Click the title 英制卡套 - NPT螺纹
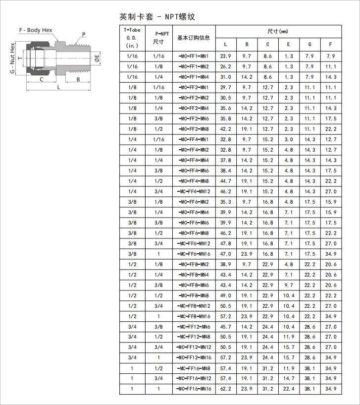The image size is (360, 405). click(157, 16)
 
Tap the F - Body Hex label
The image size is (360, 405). click(36, 30)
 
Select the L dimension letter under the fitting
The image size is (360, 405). click(58, 87)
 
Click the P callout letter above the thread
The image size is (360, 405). click(84, 34)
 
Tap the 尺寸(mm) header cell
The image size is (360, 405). click(277, 32)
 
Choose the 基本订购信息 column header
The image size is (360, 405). click(194, 38)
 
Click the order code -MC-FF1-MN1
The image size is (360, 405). click(194, 56)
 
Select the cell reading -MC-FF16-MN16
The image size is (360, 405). click(194, 389)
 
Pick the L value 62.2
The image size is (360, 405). click(226, 389)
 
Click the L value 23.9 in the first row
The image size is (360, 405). click(226, 56)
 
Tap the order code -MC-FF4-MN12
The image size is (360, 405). click(194, 191)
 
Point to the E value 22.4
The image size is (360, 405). click(289, 389)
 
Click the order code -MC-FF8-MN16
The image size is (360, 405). click(194, 316)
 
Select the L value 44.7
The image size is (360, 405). click(226, 181)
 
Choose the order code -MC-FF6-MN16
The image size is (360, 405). click(194, 254)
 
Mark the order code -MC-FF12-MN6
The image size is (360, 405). click(194, 327)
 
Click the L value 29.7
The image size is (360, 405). click(226, 87)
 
